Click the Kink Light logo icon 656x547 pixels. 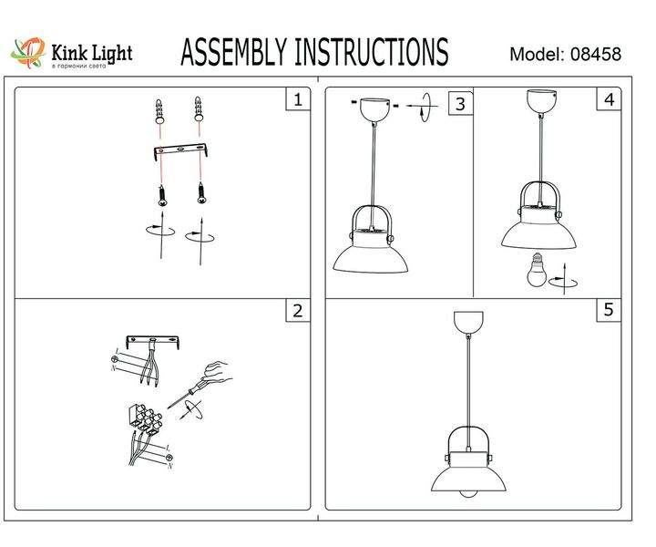tap(28, 52)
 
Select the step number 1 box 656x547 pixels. tap(296, 99)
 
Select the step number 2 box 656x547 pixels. tap(296, 311)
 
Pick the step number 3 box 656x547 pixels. tap(460, 104)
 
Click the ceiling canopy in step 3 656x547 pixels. tap(374, 108)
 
